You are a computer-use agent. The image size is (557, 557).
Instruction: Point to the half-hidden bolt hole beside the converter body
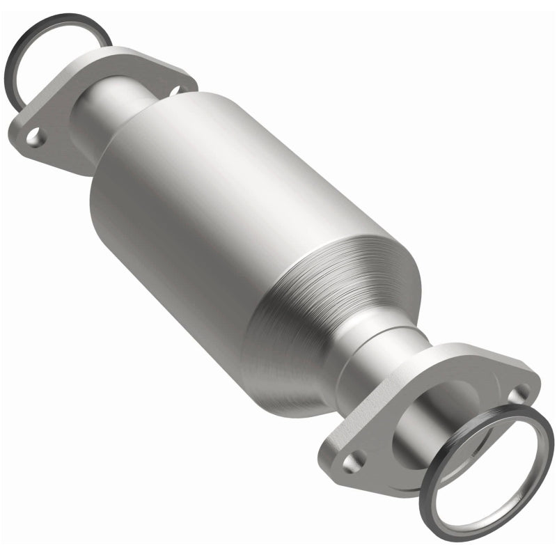(173, 90)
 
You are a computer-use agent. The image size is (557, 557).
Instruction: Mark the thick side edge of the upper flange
(49, 157)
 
